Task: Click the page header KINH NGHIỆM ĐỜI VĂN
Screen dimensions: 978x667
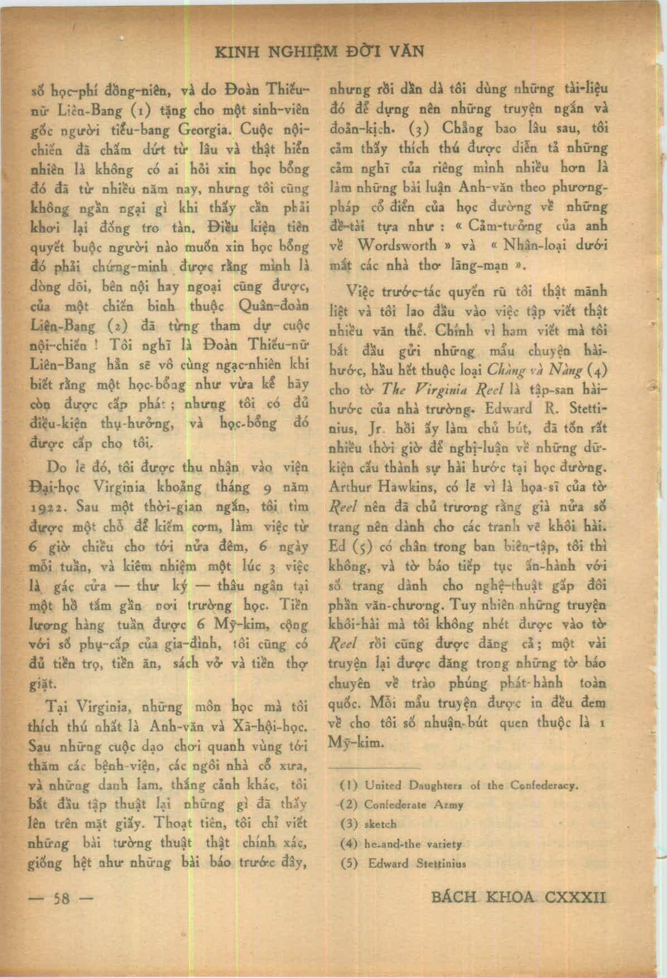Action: [x=320, y=52]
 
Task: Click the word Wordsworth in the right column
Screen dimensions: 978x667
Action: [x=399, y=245]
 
